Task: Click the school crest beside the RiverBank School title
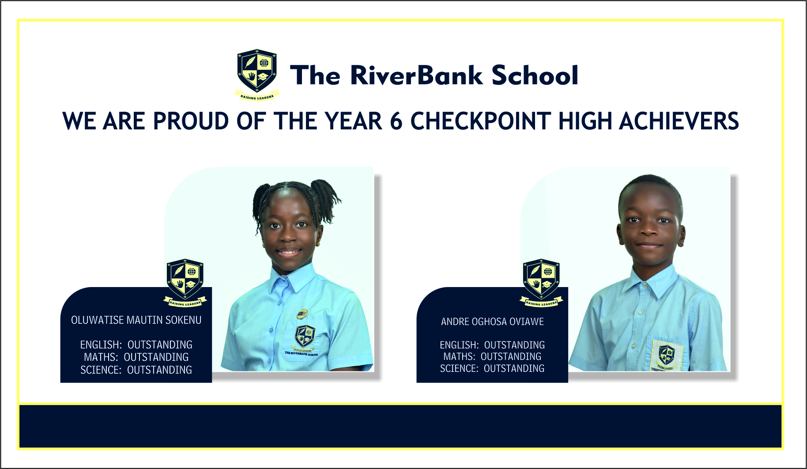(x=256, y=74)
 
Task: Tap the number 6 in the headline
(x=396, y=121)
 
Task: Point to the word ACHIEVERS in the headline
(x=679, y=121)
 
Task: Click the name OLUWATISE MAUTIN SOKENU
(x=136, y=320)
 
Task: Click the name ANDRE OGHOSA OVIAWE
(x=492, y=321)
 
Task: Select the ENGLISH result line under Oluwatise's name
(x=136, y=344)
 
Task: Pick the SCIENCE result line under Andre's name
(x=492, y=368)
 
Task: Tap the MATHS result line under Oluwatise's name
(x=136, y=357)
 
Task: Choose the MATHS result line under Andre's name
(x=492, y=356)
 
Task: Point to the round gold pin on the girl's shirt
(x=302, y=314)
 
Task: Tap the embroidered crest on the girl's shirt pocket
(x=304, y=338)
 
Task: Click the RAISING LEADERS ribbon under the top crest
(x=257, y=96)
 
